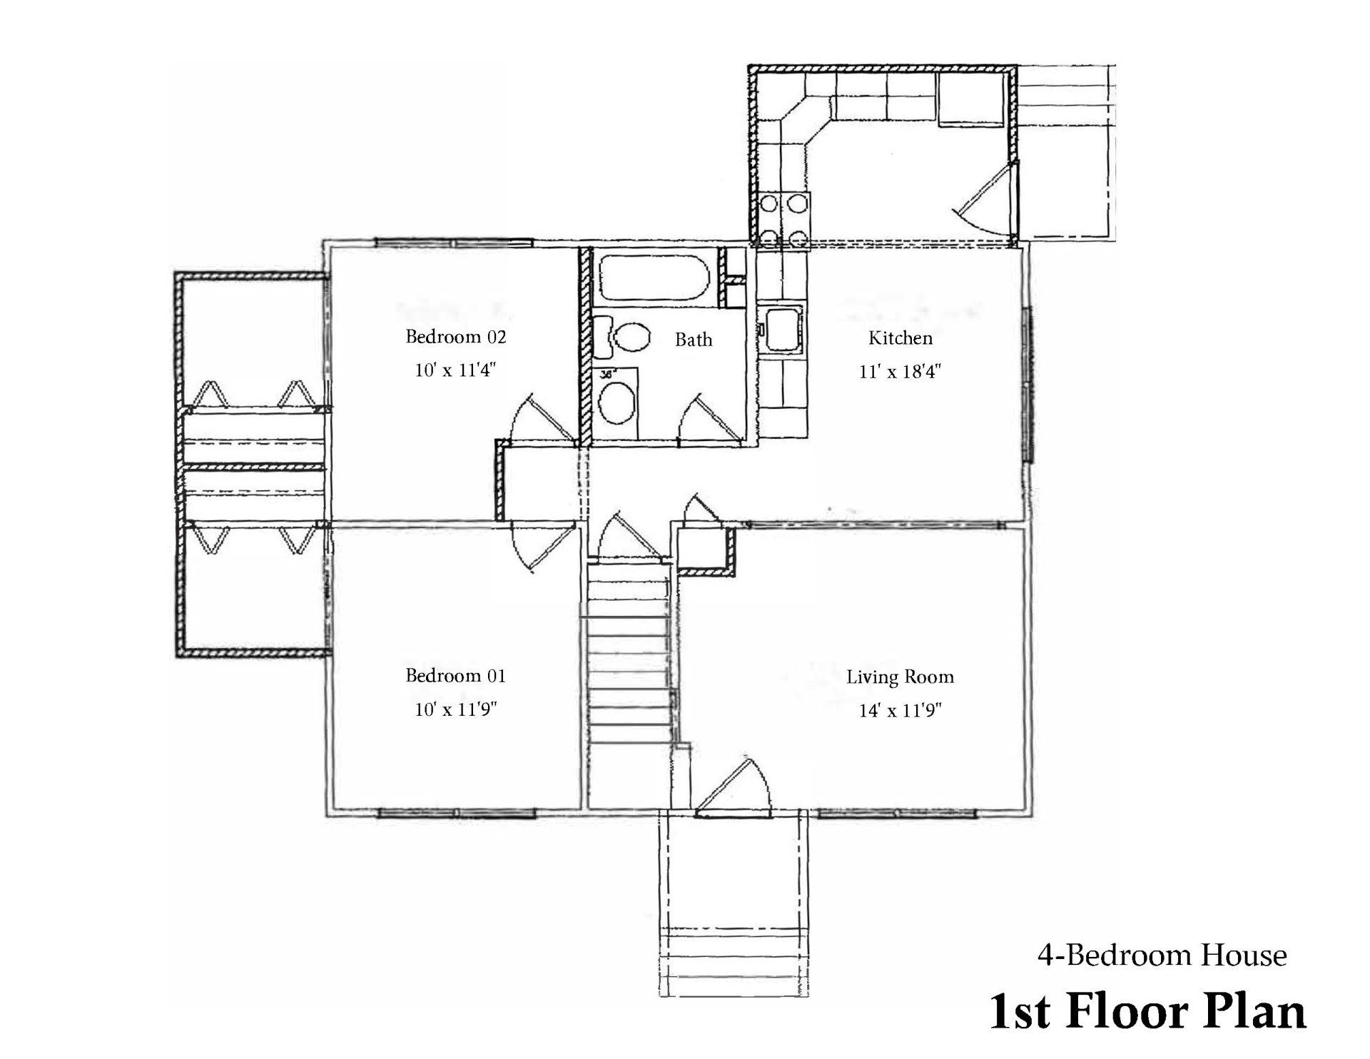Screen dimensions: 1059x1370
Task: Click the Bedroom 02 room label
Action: coord(455,337)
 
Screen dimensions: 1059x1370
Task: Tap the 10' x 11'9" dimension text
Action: coord(455,710)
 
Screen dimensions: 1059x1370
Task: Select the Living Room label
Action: coord(900,677)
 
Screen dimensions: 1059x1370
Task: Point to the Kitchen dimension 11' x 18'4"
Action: coord(900,372)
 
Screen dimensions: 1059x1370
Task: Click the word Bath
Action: coord(694,340)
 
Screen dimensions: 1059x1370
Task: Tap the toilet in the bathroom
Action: coord(626,338)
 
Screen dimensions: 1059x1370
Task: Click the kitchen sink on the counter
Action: coord(782,329)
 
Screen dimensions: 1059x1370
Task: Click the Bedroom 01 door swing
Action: coord(542,547)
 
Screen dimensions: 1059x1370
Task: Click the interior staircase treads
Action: coord(629,671)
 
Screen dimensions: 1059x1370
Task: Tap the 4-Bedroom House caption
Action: coord(1161,956)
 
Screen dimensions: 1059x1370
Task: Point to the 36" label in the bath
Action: coord(607,373)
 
